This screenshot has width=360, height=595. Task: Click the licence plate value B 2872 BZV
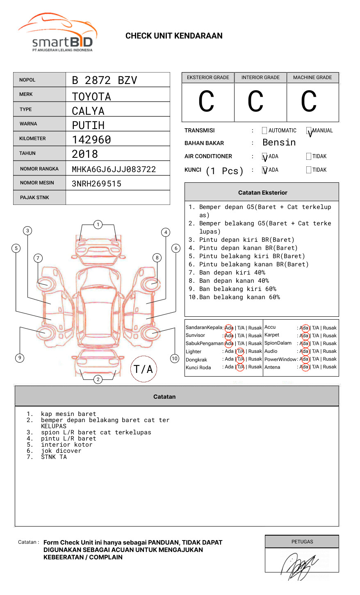point(104,80)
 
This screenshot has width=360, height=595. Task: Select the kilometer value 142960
point(91,140)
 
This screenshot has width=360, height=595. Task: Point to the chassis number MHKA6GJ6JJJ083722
point(114,169)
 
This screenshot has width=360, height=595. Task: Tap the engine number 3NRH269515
point(96,184)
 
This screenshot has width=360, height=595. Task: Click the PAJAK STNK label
point(34,198)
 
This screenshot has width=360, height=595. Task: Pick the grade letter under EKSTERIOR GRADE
point(206,102)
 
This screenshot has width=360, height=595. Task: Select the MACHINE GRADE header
point(312,77)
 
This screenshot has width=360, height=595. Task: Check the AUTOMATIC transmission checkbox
point(264,131)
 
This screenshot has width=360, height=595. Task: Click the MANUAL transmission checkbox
point(309,131)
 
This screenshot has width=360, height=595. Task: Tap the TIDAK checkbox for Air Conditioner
point(309,157)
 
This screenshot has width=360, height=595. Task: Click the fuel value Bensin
point(279,143)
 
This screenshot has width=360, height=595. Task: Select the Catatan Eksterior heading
point(262,193)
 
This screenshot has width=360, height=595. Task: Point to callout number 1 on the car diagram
point(98,225)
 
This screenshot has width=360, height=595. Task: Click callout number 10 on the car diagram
point(175,359)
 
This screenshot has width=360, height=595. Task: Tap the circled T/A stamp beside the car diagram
point(144,369)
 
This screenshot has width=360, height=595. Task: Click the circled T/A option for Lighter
point(240,351)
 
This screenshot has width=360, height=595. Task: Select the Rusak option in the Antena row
point(330,367)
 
